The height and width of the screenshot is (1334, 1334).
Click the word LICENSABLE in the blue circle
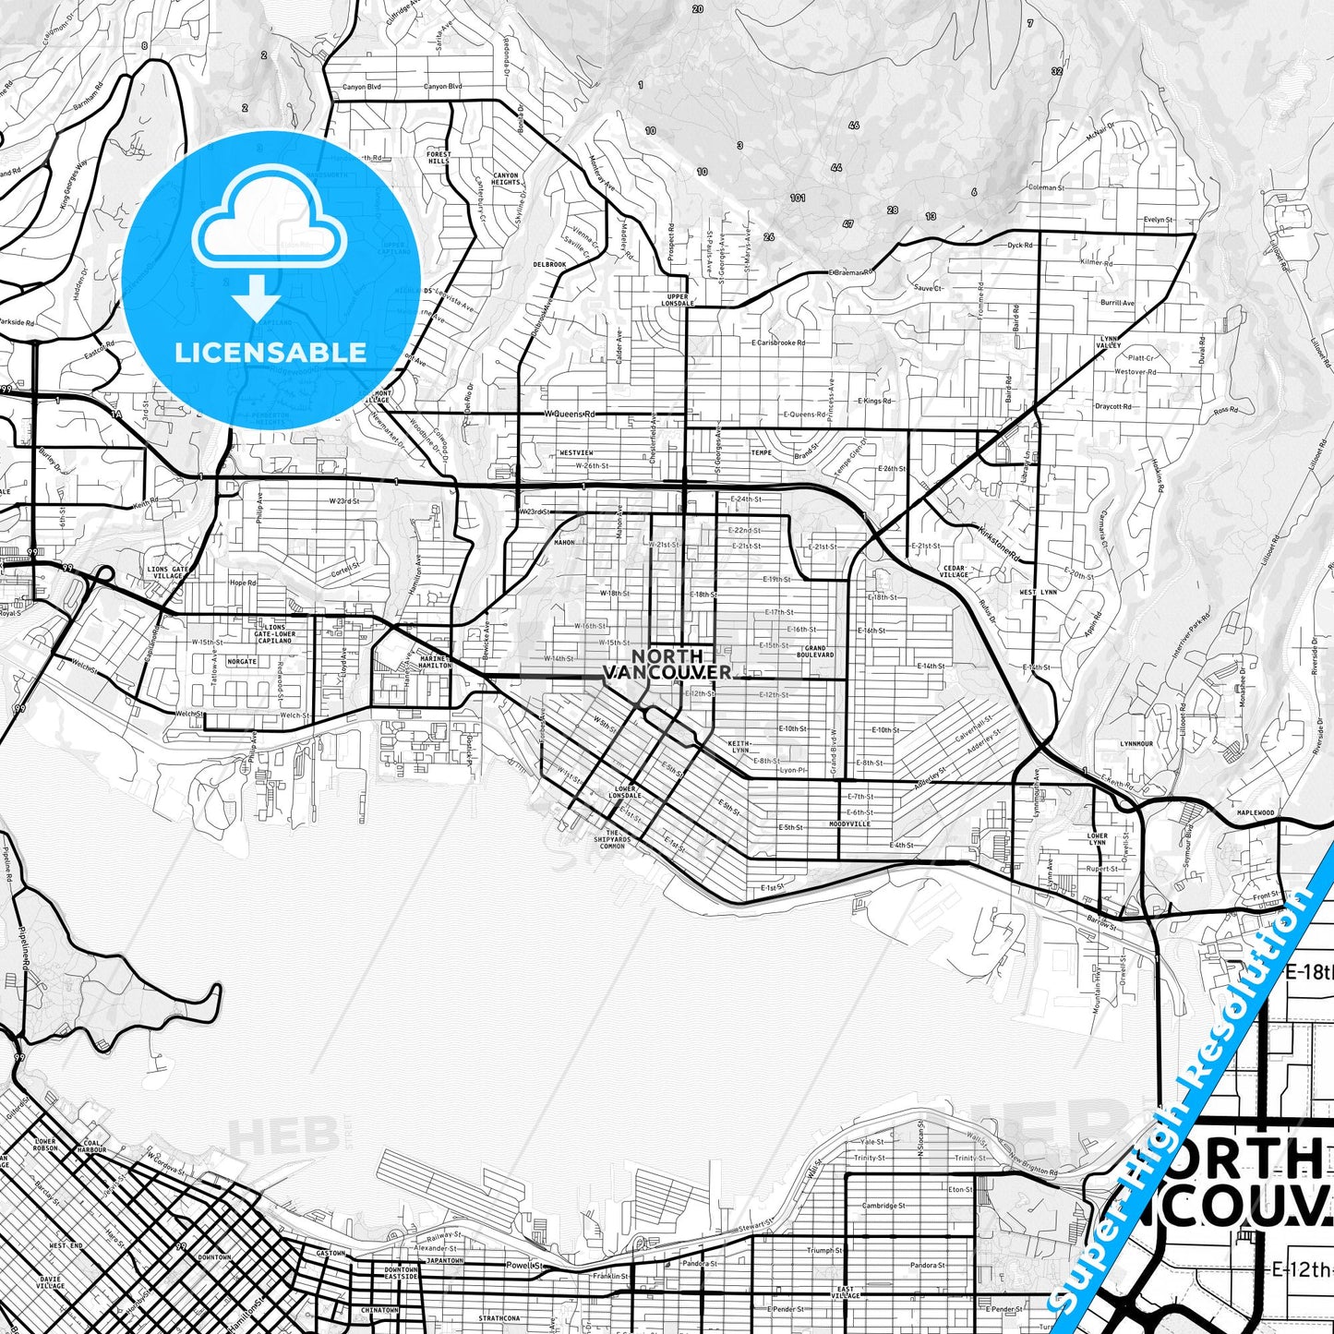(270, 353)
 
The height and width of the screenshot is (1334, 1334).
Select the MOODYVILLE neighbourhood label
(849, 823)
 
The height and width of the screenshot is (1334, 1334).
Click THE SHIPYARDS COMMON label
(613, 838)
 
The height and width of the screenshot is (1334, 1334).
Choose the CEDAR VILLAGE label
(954, 571)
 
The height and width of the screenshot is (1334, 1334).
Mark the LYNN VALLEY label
(1109, 343)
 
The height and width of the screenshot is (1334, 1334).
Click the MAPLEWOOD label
(1256, 813)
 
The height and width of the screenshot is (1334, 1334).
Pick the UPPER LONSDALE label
(679, 299)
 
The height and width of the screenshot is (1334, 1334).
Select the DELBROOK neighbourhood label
(549, 264)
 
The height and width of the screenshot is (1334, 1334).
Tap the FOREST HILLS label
(439, 157)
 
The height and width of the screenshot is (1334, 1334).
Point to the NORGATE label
(242, 661)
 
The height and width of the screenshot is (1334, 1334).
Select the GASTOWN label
(330, 1253)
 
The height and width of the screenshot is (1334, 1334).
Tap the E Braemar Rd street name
(850, 272)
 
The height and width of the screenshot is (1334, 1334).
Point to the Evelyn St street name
(1157, 220)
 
